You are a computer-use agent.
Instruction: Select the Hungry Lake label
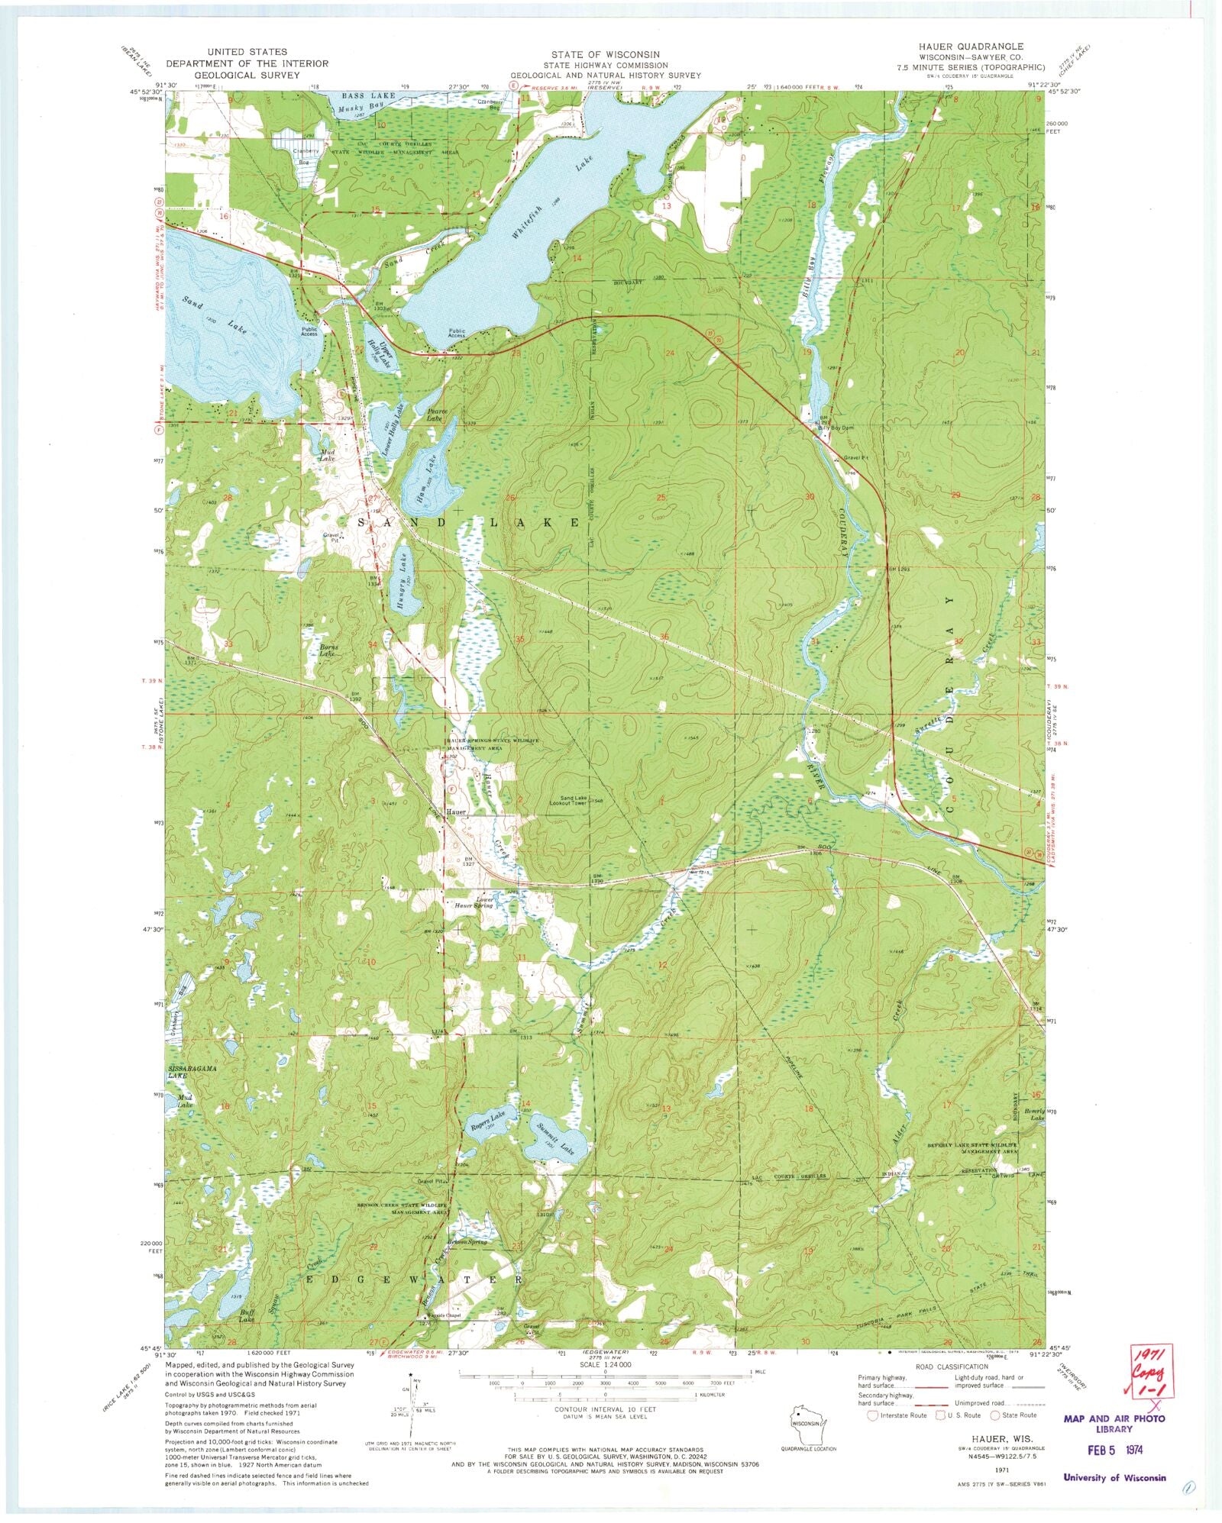pyautogui.click(x=401, y=586)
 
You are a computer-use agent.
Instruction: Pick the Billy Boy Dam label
pyautogui.click(x=835, y=428)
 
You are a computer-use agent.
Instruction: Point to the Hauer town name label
pyautogui.click(x=457, y=812)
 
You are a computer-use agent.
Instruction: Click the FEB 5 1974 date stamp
pyautogui.click(x=1113, y=1447)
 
